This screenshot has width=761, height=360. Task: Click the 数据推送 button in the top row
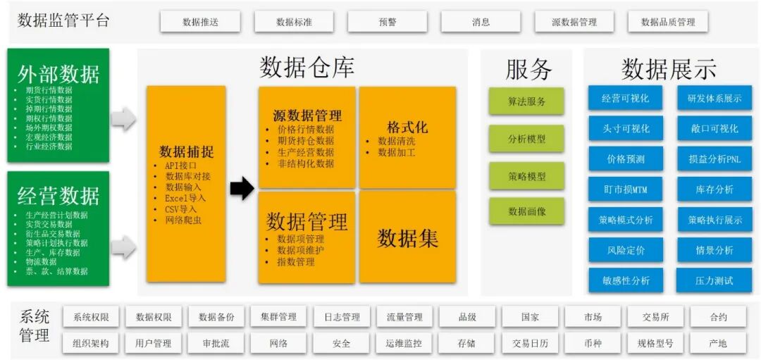[200, 22]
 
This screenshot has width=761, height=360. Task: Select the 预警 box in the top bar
[388, 22]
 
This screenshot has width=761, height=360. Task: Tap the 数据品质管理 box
[668, 22]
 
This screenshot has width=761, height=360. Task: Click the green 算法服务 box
[526, 101]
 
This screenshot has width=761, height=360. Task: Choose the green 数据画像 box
[526, 211]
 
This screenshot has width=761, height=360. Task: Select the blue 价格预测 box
[625, 159]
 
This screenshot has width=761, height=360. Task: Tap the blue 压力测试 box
[714, 280]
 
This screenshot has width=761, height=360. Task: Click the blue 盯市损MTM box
[625, 190]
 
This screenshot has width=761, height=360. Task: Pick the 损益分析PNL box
[714, 159]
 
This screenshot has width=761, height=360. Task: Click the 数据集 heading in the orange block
[407, 238]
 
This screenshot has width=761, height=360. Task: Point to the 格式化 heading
[407, 128]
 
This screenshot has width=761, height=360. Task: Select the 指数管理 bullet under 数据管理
[295, 262]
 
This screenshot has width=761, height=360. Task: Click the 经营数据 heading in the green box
[58, 195]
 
